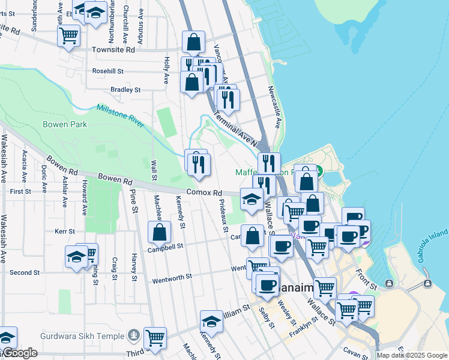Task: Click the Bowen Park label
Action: tap(65, 125)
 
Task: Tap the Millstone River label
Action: tap(120, 115)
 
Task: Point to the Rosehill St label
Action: tap(108, 71)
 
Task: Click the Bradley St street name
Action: tap(125, 90)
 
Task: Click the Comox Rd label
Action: tap(204, 193)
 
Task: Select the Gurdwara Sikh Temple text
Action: tap(81, 335)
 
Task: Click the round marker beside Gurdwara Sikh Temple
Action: tap(133, 335)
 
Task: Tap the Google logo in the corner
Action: tap(19, 353)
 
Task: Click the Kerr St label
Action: tap(64, 231)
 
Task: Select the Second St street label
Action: tap(25, 272)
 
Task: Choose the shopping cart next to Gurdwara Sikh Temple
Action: tap(155, 338)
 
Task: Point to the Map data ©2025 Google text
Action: tap(412, 355)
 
